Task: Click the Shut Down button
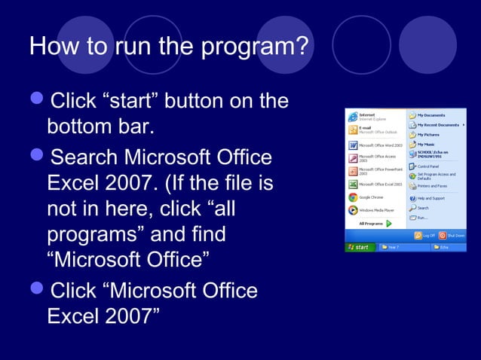point(452,236)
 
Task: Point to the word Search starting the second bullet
point(84,158)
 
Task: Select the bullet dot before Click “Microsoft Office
point(37,291)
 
